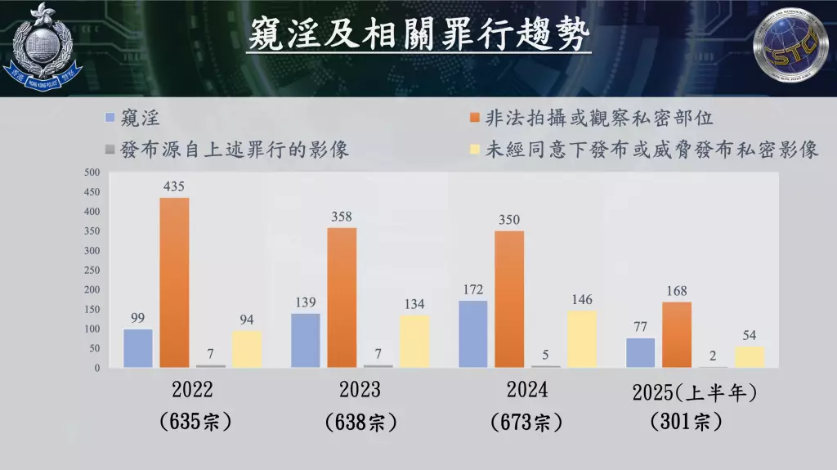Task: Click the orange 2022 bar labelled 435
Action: [x=174, y=282]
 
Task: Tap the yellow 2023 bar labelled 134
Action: [x=414, y=341]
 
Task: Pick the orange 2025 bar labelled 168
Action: [x=677, y=334]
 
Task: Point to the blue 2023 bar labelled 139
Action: [x=306, y=340]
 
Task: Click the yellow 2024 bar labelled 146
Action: [x=582, y=338]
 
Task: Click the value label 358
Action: [x=343, y=217]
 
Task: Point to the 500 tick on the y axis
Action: [x=92, y=172]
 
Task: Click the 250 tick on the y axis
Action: [x=92, y=271]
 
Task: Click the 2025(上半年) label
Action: [x=695, y=392]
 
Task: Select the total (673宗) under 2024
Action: [x=526, y=423]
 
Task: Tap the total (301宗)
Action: [x=686, y=423]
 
